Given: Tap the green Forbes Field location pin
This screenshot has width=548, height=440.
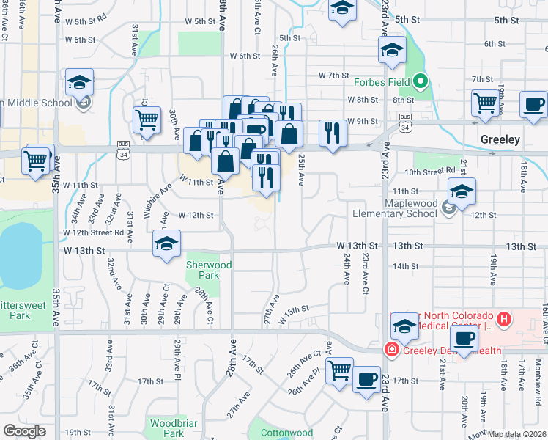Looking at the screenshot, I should click(x=420, y=82).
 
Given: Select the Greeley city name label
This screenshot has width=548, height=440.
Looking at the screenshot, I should click(x=500, y=139).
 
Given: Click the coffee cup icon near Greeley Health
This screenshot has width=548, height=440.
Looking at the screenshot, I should click(x=462, y=339).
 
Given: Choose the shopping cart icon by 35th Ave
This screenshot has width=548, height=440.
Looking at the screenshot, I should click(x=36, y=159).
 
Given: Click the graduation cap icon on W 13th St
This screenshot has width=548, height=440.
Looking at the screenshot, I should click(x=167, y=245).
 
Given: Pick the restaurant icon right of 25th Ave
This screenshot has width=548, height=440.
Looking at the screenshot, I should click(x=333, y=133).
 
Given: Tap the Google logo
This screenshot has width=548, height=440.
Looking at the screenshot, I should click(x=24, y=431).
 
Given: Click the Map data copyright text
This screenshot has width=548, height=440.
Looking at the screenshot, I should click(x=517, y=434).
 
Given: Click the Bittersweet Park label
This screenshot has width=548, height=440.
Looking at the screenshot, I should click(x=26, y=309).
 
